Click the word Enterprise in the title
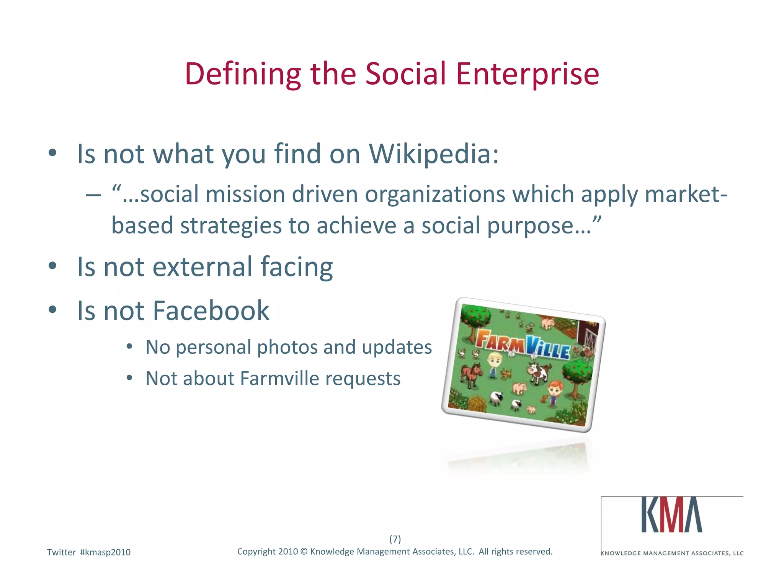pyautogui.click(x=527, y=75)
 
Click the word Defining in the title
pyautogui.click(x=243, y=75)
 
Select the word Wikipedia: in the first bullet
pyautogui.click(x=434, y=154)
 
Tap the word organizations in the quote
pyautogui.click(x=435, y=194)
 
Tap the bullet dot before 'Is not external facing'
pyautogui.click(x=52, y=266)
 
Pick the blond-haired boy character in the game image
pyautogui.click(x=494, y=364)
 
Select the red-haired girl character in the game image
pyautogui.click(x=554, y=392)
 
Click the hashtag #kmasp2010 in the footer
pyautogui.click(x=105, y=552)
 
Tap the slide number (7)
pyautogui.click(x=395, y=539)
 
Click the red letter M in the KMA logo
pyautogui.click(x=673, y=515)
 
